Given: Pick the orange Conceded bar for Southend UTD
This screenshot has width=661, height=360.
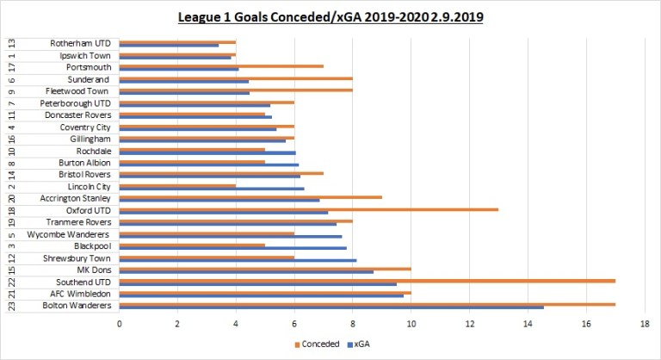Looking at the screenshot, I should click(x=367, y=280).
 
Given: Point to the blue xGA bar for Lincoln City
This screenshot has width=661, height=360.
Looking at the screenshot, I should click(x=212, y=188).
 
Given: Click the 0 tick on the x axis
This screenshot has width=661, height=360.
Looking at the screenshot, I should click(x=120, y=324).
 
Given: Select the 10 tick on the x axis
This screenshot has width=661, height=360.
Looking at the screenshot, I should click(x=411, y=324).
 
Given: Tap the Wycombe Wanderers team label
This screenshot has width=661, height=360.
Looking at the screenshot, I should click(x=68, y=234).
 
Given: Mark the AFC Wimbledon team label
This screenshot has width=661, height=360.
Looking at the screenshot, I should click(x=75, y=294).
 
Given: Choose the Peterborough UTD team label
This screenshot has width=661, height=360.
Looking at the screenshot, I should click(x=74, y=102).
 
